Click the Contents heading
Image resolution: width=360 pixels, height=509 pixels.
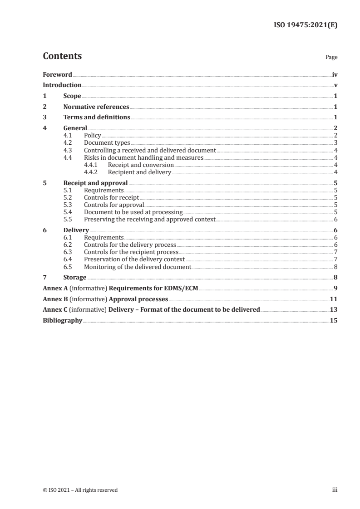(x=62, y=56)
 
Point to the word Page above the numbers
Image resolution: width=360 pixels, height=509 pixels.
(x=331, y=58)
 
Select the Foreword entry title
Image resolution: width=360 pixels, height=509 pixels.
(x=57, y=74)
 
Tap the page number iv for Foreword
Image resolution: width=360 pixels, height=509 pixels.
(x=335, y=74)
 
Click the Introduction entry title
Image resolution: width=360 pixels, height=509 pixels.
(x=62, y=85)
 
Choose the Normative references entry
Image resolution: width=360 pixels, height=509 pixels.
(x=96, y=107)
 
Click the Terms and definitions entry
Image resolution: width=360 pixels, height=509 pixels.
(x=97, y=117)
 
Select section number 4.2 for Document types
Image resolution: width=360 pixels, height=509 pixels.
(x=68, y=142)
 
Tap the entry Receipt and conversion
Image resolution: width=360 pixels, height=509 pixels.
(x=141, y=165)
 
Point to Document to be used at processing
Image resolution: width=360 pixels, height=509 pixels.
(x=133, y=212)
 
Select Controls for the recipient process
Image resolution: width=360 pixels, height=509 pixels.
(x=131, y=252)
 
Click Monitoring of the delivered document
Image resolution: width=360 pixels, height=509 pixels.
(x=138, y=267)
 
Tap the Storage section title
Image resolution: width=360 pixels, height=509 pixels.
(x=74, y=277)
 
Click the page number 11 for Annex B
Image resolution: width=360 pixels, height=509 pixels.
(x=334, y=299)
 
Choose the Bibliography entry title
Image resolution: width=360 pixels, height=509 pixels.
(x=62, y=320)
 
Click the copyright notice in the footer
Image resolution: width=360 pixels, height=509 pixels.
(x=80, y=490)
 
